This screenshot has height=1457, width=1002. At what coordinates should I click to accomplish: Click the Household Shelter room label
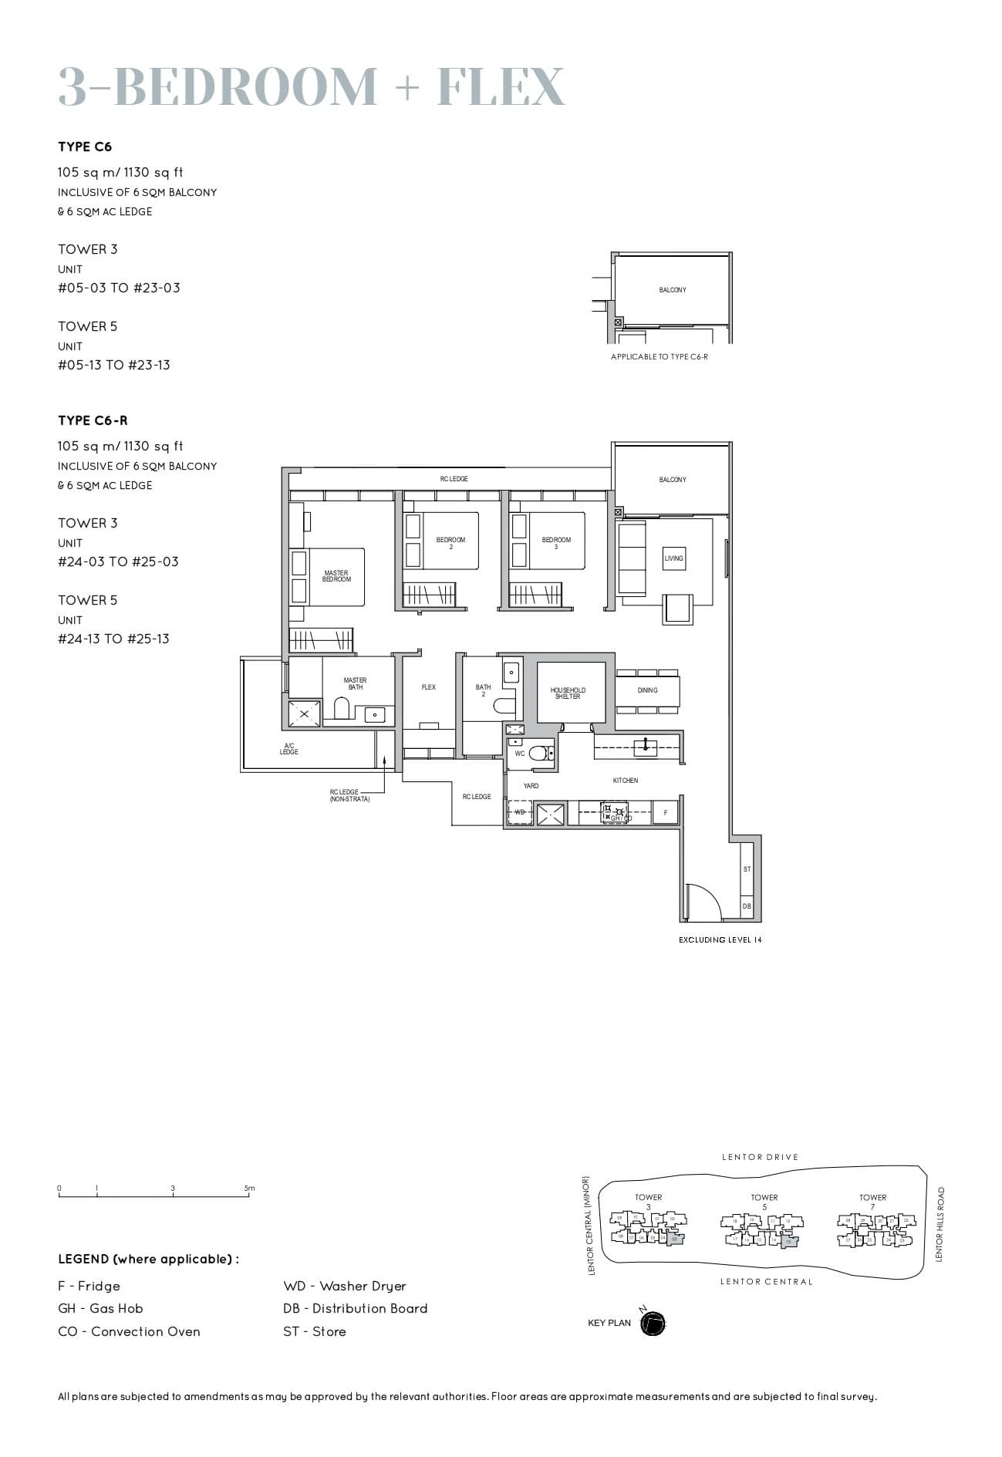coord(568,693)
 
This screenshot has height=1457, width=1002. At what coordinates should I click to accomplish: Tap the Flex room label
coord(429,687)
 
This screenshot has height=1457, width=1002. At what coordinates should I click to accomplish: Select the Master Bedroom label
coord(336,576)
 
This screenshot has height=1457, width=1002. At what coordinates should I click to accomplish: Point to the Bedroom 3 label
coord(556,543)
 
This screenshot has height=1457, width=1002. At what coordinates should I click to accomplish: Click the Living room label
coord(673,558)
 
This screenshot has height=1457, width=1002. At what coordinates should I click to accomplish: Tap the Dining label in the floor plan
coord(647,690)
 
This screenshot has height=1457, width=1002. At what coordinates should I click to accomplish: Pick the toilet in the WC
coord(541,753)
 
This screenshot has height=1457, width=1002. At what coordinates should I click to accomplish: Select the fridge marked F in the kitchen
coord(666,813)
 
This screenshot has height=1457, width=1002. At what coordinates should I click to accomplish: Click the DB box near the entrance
coord(747,906)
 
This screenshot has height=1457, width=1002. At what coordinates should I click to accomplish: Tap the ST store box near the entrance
coord(747,869)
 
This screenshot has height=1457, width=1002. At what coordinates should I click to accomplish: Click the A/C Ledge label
coord(289,749)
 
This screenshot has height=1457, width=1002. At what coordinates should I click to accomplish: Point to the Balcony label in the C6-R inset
coord(673,290)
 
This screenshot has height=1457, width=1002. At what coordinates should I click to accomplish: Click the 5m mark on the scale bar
coord(249,1189)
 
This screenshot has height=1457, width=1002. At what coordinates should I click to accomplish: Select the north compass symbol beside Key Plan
coord(653,1324)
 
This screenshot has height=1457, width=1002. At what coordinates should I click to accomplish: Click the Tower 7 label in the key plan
coord(873,1202)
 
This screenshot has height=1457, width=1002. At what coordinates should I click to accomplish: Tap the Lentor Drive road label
coord(760,1157)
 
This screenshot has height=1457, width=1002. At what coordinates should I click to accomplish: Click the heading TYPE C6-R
coord(93,420)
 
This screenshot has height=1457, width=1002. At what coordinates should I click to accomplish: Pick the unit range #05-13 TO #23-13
coord(114,365)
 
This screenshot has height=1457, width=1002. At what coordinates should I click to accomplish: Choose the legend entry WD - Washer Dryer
coord(344,1286)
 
